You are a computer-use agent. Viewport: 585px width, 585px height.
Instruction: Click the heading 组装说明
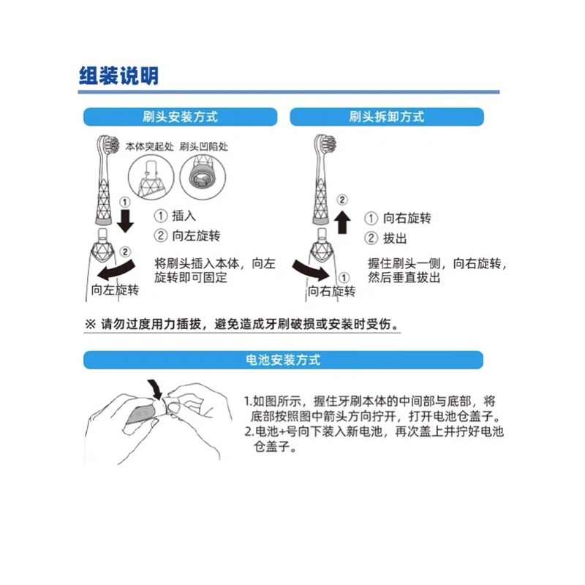click(x=118, y=75)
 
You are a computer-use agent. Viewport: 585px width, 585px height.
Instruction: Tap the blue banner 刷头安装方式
click(x=180, y=117)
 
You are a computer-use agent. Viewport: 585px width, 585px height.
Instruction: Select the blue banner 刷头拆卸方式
click(x=387, y=117)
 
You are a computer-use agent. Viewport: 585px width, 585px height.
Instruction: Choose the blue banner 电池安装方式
click(x=283, y=361)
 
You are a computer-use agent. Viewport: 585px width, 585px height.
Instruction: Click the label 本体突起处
click(x=146, y=146)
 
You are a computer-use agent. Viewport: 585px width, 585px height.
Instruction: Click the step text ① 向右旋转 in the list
click(x=399, y=218)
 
